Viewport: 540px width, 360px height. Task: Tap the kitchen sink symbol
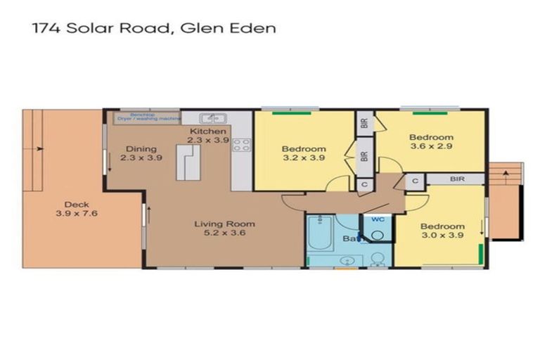[x=211, y=119]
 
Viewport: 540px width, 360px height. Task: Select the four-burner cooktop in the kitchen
[x=241, y=146]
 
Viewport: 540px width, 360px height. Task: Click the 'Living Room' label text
[x=224, y=224]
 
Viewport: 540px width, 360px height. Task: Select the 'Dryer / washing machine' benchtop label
[x=150, y=118]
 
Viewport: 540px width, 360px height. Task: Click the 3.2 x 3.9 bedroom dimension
[x=304, y=159]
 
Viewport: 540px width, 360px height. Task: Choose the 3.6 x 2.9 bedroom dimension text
[x=432, y=147]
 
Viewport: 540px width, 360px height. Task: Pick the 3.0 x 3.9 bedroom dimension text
[x=442, y=236]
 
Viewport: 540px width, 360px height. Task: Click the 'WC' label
[x=378, y=219]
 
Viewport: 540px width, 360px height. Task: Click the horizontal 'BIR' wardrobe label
[x=457, y=179]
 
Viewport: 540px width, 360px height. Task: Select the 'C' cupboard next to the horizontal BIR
[x=416, y=180]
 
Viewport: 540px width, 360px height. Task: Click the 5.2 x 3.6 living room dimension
[x=224, y=234]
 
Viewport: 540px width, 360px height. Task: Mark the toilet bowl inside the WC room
[x=377, y=234]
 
